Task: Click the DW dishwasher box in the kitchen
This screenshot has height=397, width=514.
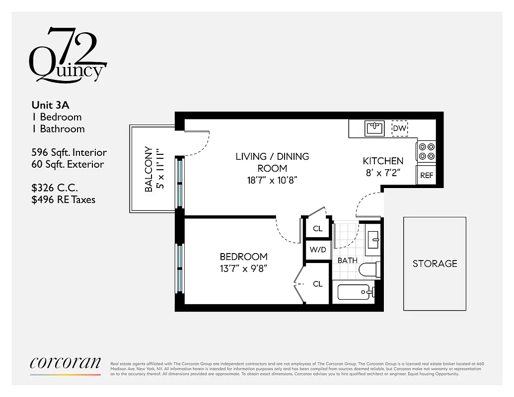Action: [x=400, y=129]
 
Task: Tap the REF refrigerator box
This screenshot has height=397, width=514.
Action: [x=427, y=176]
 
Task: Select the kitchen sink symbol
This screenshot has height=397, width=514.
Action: [x=374, y=129]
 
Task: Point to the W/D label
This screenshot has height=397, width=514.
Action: [x=318, y=250]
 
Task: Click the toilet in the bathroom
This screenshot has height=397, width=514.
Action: [x=369, y=269]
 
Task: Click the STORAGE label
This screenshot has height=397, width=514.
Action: [x=435, y=264]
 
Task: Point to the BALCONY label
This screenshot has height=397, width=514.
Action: [x=148, y=169]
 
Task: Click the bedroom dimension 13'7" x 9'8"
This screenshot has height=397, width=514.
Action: [x=243, y=268]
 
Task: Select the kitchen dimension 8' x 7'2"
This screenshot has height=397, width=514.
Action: [x=382, y=173]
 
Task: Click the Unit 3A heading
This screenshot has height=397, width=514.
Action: [x=50, y=105]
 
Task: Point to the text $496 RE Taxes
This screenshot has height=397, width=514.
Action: [x=64, y=199]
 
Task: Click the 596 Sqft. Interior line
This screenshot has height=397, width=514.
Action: [x=69, y=152]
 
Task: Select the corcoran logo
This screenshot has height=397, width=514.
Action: [x=65, y=363]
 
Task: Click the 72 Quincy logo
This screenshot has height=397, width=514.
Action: [x=68, y=56]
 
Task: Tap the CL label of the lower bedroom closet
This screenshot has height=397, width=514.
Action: [x=318, y=284]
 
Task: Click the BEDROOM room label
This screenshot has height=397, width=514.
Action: [x=243, y=257]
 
